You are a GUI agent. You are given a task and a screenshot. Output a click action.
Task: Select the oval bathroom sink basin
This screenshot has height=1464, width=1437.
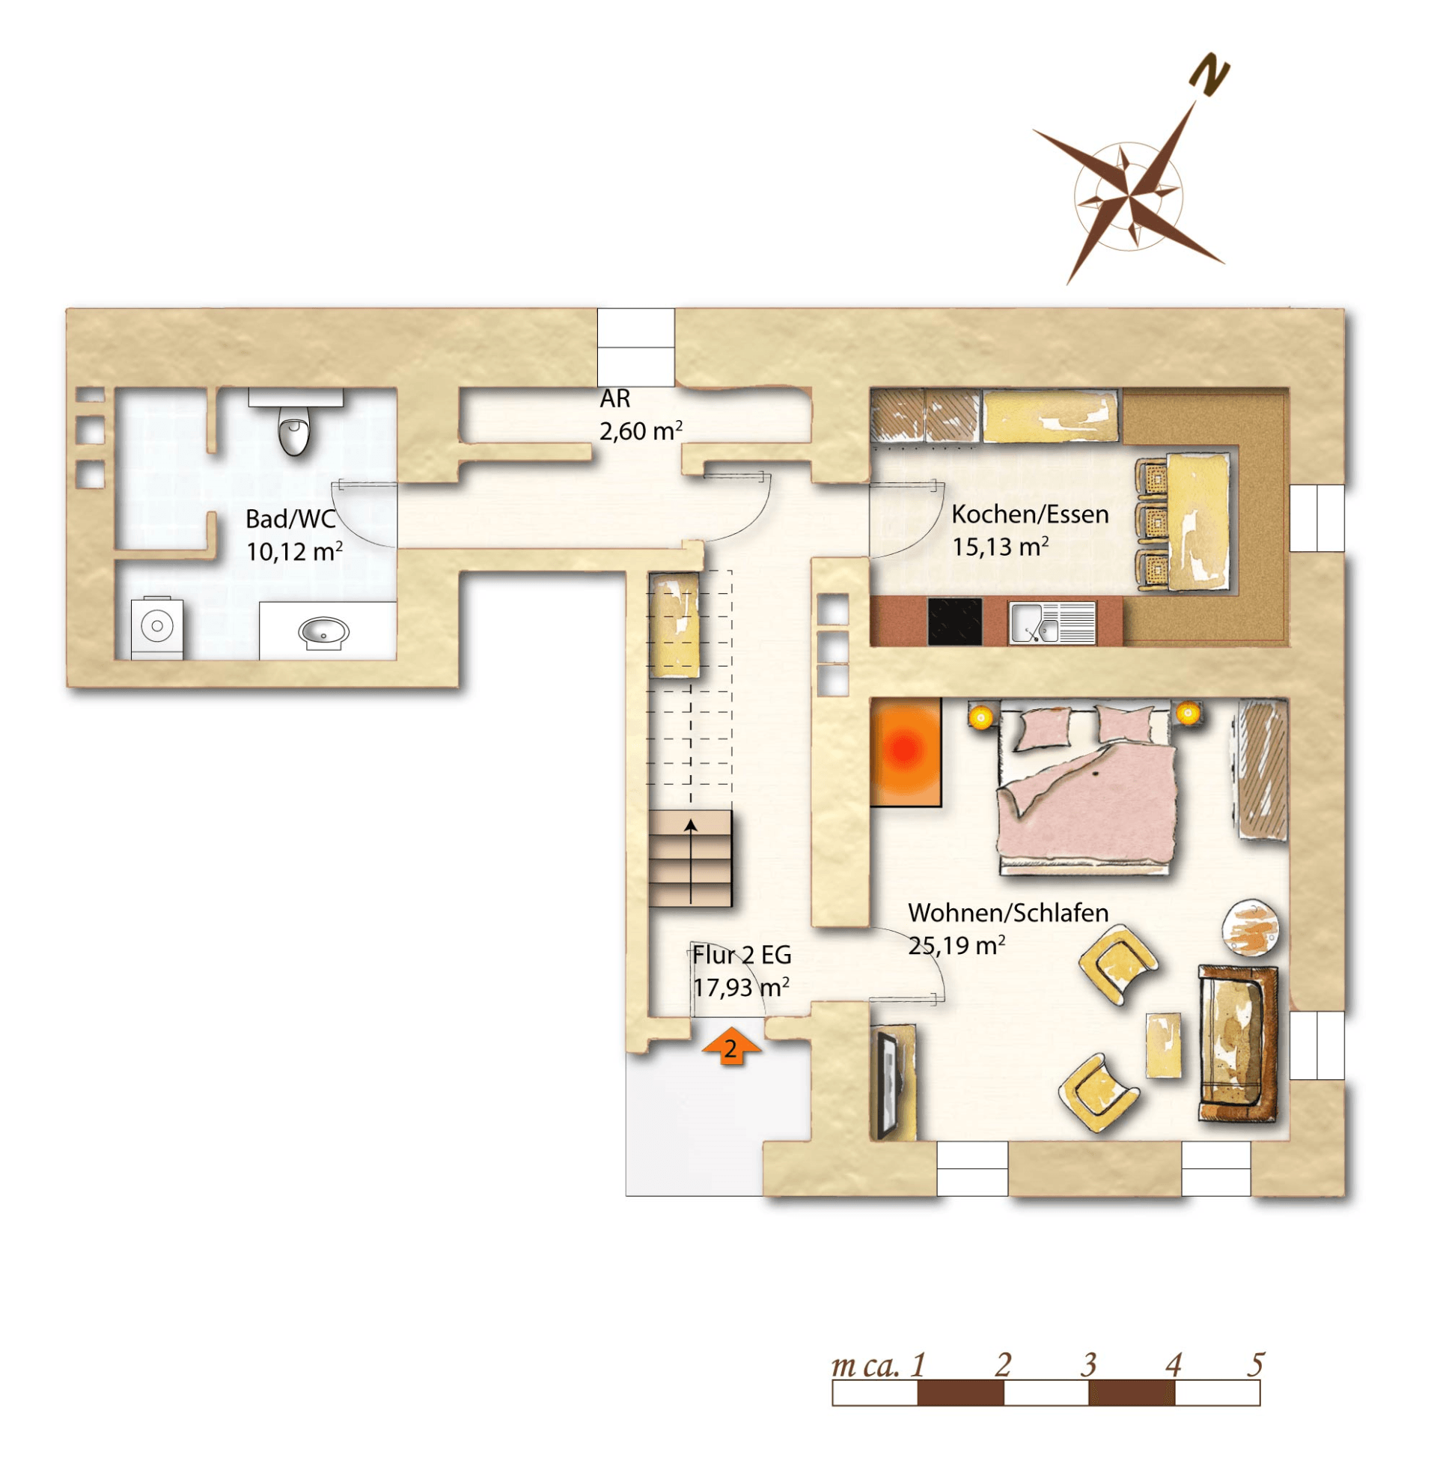tap(324, 633)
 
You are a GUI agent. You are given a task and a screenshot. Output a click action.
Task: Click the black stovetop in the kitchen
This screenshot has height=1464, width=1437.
tap(955, 622)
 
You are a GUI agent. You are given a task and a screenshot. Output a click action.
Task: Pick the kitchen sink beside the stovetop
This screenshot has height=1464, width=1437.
tap(1052, 623)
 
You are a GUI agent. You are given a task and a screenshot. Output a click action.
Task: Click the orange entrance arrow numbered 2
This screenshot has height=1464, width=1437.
tap(730, 1046)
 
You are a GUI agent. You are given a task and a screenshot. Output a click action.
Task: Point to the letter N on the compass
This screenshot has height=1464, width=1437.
tap(1209, 74)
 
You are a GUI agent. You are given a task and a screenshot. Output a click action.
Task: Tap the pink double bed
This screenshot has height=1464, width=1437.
tap(1087, 789)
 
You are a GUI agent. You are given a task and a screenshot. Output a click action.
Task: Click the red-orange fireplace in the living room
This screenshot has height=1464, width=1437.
tap(906, 751)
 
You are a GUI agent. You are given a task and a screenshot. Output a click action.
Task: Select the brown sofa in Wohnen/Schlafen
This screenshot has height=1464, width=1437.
tap(1238, 1042)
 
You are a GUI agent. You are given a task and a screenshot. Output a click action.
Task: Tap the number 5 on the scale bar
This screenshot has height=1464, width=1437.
tap(1255, 1364)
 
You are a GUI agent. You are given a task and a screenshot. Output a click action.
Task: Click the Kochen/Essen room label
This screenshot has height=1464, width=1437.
tap(1029, 514)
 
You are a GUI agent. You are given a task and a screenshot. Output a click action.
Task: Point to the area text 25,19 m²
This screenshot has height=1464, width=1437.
tap(957, 945)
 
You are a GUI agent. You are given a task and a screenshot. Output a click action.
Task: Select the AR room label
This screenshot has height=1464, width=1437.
tap(615, 398)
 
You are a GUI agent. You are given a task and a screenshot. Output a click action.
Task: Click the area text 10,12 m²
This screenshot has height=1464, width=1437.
tap(294, 551)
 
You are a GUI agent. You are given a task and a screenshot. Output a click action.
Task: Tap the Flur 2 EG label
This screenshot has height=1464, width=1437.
tap(742, 955)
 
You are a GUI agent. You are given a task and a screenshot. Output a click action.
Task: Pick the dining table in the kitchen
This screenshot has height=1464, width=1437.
tap(1197, 521)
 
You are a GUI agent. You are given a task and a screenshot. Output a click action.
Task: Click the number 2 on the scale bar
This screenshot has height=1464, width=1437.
tap(1002, 1365)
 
